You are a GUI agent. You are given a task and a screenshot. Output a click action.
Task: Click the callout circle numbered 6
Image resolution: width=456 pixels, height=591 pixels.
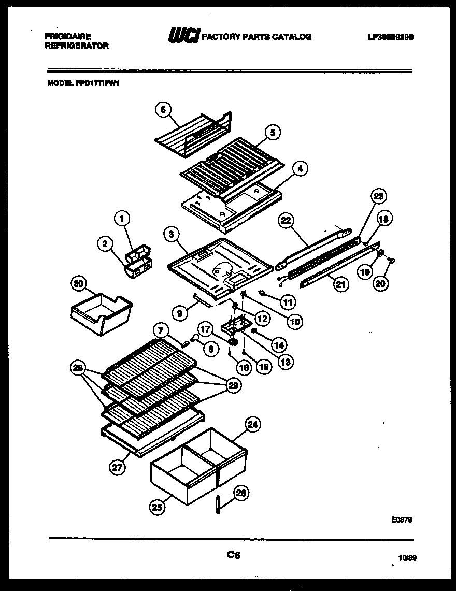[x=162, y=109]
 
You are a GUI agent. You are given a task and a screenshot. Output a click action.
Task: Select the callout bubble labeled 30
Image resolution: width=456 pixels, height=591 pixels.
[x=78, y=283]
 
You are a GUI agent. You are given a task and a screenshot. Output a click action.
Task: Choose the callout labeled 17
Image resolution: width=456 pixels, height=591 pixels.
[x=205, y=328]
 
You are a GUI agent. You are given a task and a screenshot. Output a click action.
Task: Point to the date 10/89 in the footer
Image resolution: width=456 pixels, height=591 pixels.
[x=408, y=558]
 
